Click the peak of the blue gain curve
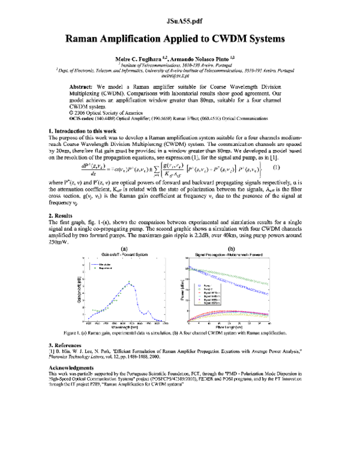point(130,282)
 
